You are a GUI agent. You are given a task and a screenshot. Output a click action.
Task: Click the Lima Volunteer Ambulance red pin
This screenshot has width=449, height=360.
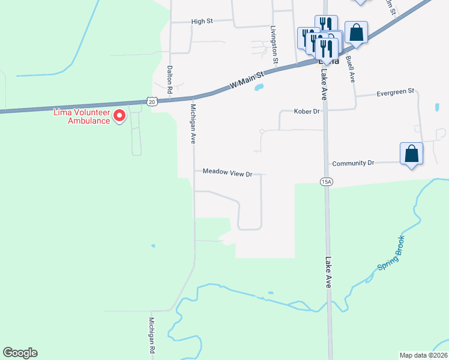coord(119,115)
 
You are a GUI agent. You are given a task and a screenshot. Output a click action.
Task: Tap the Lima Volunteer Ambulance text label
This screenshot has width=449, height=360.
coord(82,116)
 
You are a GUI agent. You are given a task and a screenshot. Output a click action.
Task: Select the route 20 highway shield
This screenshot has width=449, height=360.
coord(151,102)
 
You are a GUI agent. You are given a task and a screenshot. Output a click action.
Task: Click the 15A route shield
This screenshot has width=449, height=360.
coord(326,182)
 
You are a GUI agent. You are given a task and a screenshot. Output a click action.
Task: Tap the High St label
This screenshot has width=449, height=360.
coord(202,22)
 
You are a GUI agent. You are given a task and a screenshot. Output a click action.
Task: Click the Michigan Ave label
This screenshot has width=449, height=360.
coord(193,122)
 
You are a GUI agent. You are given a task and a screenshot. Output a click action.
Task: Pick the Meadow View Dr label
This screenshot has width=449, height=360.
coord(226,172)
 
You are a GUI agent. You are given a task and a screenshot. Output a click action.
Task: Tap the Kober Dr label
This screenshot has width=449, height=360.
coord(308,112)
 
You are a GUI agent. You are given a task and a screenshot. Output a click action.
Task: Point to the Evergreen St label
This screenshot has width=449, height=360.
coord(395,92)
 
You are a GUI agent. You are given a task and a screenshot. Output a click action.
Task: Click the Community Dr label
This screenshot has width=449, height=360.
coord(353,163)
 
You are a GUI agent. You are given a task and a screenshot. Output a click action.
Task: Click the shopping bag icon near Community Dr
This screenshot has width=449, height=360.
coord(411,154)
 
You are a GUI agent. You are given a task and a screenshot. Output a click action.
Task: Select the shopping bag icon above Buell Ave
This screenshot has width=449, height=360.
coord(356,32)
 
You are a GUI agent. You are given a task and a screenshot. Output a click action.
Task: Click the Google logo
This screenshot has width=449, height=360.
coord(20,353)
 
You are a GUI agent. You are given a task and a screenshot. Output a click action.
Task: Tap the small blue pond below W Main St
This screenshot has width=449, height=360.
coord(259,88)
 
